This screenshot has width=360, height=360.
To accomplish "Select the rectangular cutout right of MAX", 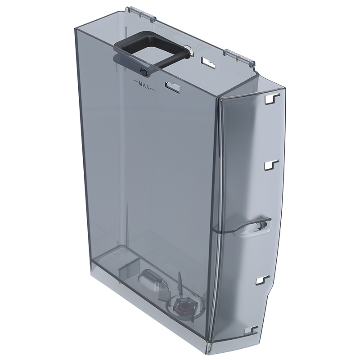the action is (x=172, y=86).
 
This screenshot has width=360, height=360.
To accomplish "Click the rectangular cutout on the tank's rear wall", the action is (x=208, y=62).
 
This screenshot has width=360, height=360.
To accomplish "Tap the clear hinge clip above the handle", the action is (x=141, y=14).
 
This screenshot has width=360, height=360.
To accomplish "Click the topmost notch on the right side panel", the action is (x=273, y=99).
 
